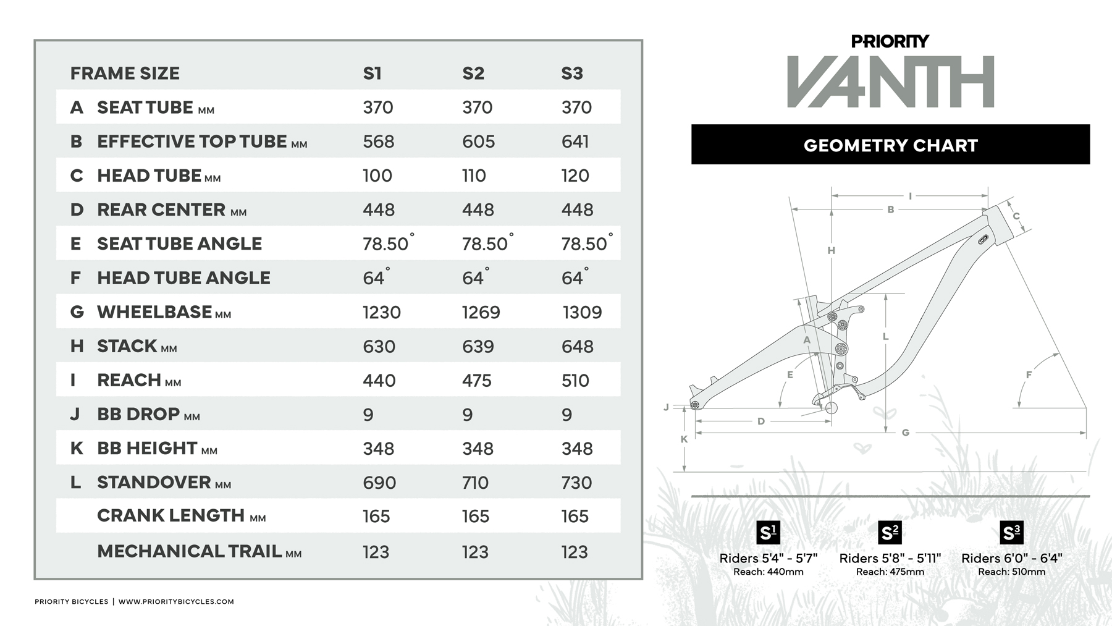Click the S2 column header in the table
click(473, 74)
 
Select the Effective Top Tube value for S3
click(575, 142)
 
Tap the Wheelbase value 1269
click(481, 312)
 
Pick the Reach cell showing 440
click(379, 381)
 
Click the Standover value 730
click(576, 483)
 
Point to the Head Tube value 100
click(377, 176)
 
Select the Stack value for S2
click(478, 347)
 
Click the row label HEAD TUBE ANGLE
click(183, 278)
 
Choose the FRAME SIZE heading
click(125, 74)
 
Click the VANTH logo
click(890, 82)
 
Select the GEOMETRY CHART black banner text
click(890, 146)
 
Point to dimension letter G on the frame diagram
click(905, 433)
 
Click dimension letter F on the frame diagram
click(1029, 374)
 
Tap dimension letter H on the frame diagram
click(831, 250)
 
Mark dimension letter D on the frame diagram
click(761, 421)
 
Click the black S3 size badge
click(1011, 533)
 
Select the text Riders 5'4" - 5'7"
click(768, 558)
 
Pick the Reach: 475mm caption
click(890, 572)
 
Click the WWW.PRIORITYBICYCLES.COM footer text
click(176, 601)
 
